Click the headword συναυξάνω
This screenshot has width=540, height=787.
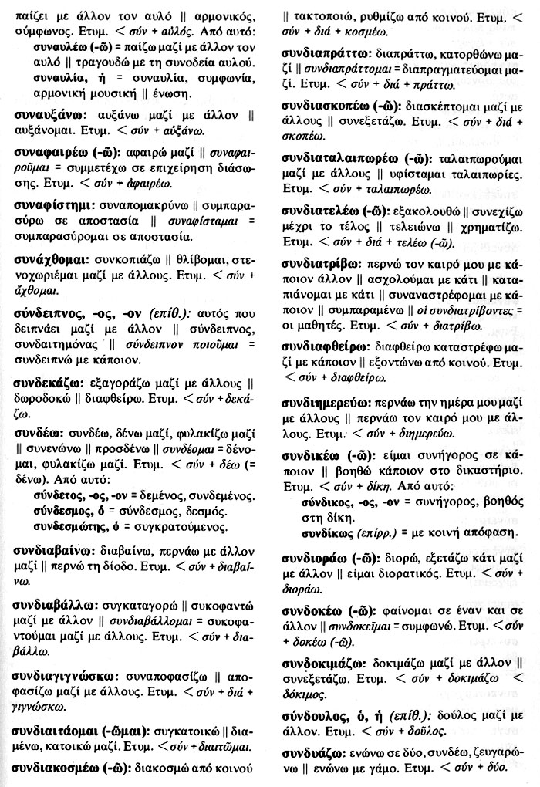(49, 114)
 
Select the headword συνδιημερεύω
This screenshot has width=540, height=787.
(326, 403)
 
